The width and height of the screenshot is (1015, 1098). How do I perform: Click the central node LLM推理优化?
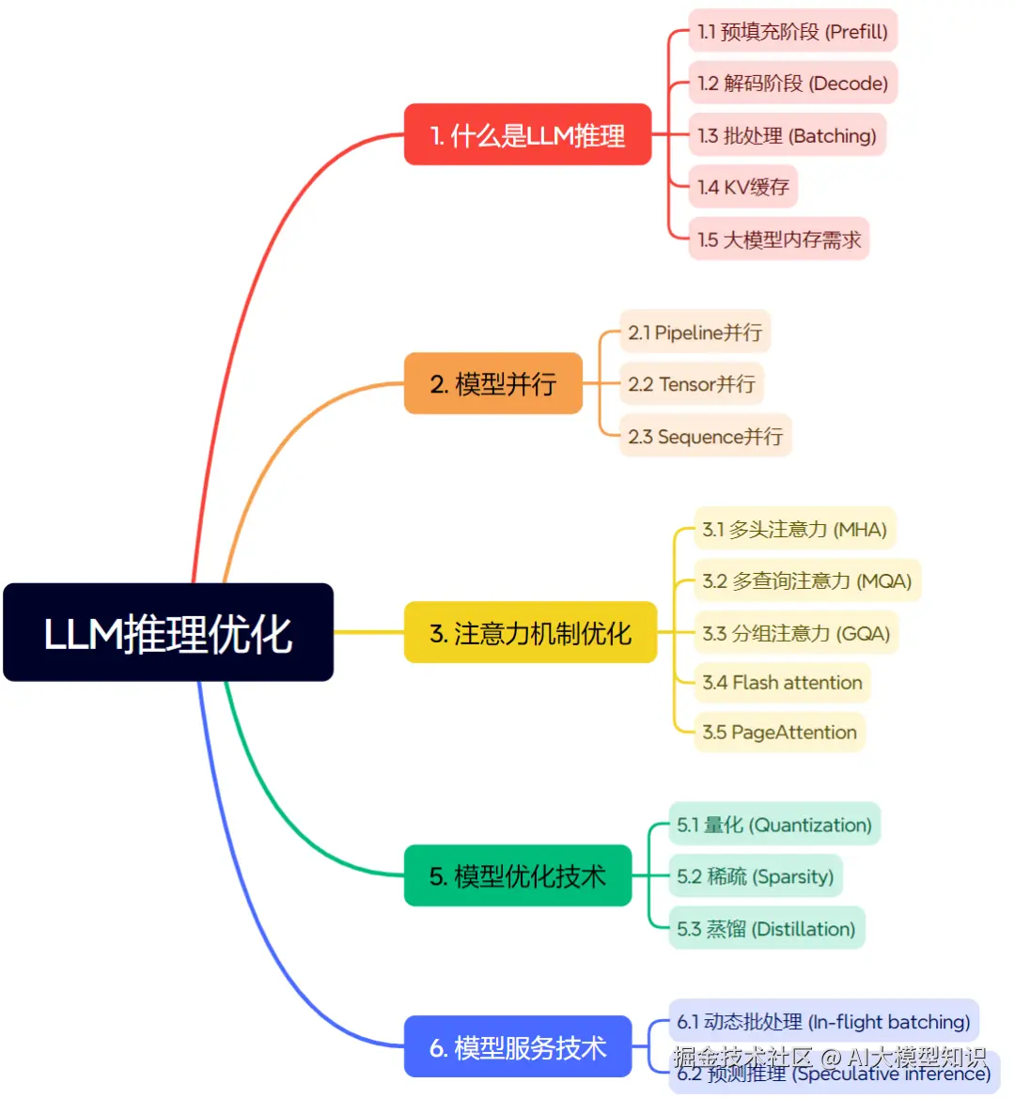168,632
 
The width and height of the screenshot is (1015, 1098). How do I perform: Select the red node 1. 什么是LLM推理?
527,135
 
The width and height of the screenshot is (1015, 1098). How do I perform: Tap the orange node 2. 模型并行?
493,383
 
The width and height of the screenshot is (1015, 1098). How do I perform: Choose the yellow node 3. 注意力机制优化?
530,633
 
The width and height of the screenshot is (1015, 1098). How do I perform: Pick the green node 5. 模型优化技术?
518,875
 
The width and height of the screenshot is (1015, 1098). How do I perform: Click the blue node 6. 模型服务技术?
518,1046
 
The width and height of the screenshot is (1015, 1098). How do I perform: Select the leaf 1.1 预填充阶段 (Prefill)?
792,31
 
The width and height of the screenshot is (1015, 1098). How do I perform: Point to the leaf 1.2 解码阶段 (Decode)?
792,83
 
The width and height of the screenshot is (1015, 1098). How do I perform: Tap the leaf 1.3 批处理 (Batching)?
787,135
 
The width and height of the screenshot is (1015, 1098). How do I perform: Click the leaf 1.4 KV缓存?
742,187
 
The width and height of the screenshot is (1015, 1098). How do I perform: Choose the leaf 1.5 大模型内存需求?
779,240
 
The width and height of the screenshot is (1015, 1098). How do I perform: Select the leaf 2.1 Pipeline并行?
695,332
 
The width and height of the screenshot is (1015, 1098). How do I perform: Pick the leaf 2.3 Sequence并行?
705,436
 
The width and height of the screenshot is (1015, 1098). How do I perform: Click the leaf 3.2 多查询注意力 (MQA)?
806,580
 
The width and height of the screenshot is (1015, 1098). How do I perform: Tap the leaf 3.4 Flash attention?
782,683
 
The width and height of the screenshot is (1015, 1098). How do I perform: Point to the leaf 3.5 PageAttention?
779,733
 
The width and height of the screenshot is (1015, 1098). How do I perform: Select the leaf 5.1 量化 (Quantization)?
774,825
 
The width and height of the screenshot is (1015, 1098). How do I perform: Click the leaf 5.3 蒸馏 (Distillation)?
766,928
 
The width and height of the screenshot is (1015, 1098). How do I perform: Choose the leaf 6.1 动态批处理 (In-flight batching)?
823,1021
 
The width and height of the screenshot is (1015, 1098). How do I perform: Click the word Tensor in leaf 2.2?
687,384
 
